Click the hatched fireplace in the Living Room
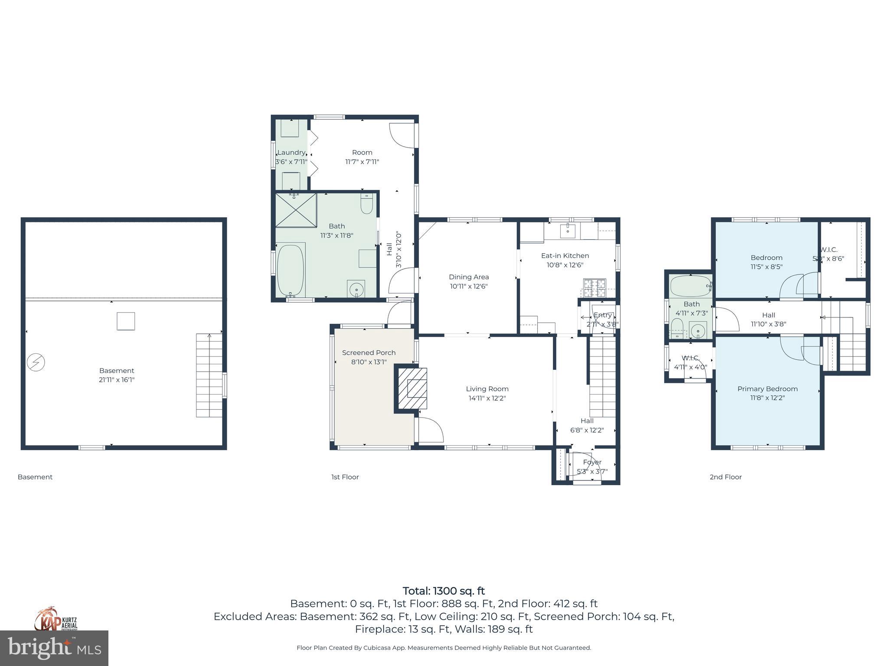[x=412, y=388]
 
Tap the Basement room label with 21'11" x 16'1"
[x=117, y=375]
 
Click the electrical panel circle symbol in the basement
[x=36, y=362]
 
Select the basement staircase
[x=209, y=375]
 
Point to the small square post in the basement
[x=126, y=321]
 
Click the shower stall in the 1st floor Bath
[x=296, y=210]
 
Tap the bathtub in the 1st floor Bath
[x=290, y=269]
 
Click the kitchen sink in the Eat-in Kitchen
[x=567, y=231]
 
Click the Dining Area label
[x=469, y=281]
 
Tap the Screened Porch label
[x=369, y=357]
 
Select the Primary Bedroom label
[x=767, y=393]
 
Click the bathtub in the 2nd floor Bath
[x=690, y=286]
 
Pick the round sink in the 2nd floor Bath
[x=698, y=332]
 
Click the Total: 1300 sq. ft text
[x=444, y=591]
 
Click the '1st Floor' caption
[x=345, y=477]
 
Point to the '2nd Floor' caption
[x=725, y=477]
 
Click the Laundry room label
[x=291, y=157]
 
